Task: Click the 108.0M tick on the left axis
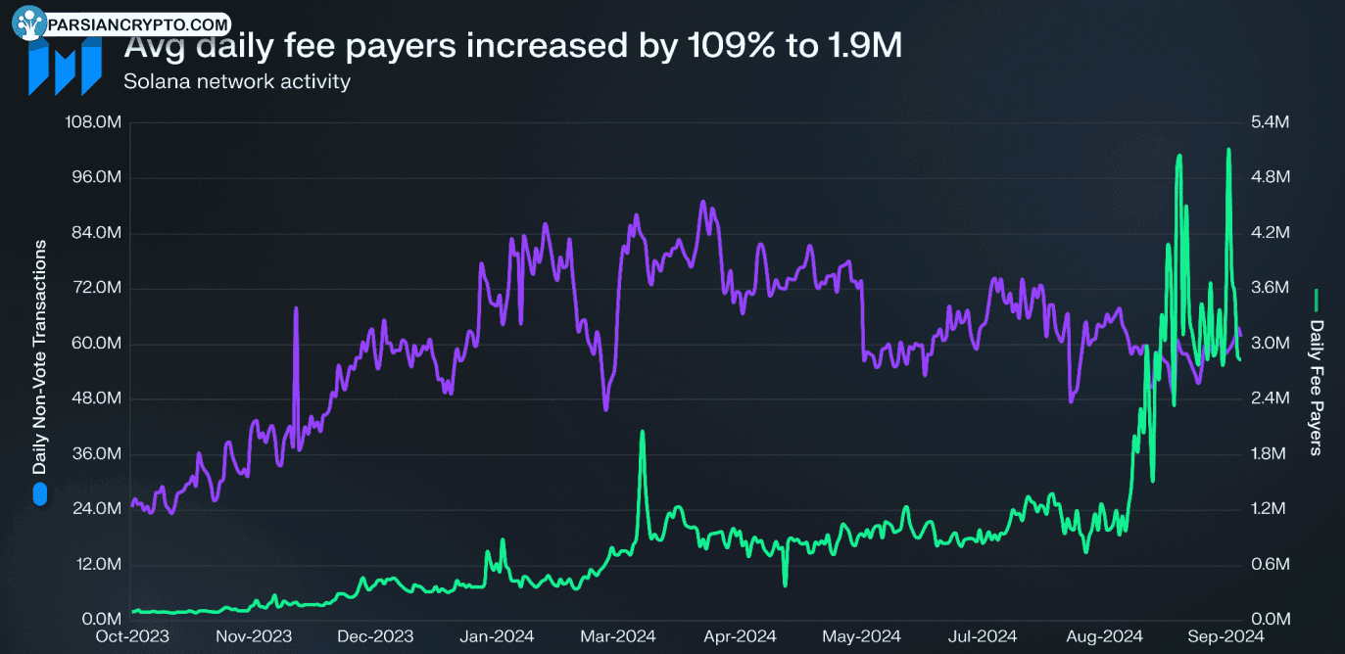click(93, 122)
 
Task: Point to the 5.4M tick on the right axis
click(1270, 122)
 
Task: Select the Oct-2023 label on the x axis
click(132, 636)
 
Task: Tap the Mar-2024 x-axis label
click(618, 636)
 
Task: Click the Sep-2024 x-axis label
click(1226, 636)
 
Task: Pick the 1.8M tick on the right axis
click(1269, 453)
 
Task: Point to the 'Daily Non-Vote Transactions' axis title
click(39, 357)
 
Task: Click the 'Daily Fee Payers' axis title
click(1316, 388)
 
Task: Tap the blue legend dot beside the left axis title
click(40, 494)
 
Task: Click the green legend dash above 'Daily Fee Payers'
click(1317, 301)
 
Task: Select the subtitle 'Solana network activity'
click(237, 81)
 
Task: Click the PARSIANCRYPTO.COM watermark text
click(138, 24)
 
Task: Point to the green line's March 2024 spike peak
click(642, 431)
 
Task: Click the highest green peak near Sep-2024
click(1228, 150)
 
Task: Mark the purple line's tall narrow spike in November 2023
click(296, 308)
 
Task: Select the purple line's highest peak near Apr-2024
click(702, 202)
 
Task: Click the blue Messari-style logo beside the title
click(65, 65)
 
